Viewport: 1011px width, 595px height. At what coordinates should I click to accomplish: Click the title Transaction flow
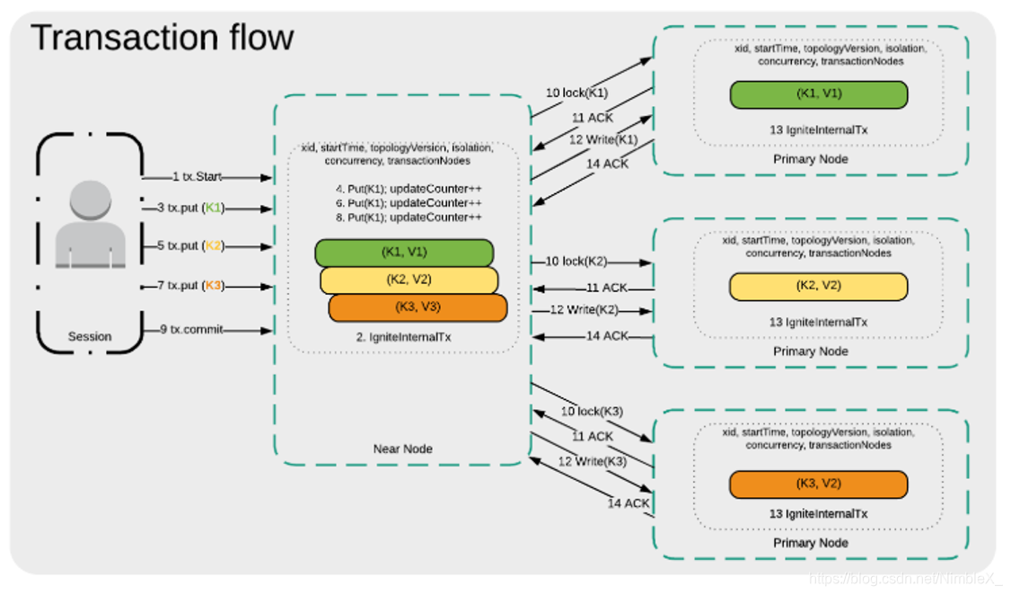point(163,38)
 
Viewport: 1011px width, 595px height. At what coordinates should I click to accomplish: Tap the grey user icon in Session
point(90,225)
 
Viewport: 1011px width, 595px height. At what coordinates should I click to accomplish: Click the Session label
point(90,336)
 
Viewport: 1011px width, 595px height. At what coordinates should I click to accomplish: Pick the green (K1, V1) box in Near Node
point(404,253)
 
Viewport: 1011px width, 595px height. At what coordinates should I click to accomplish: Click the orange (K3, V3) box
point(418,307)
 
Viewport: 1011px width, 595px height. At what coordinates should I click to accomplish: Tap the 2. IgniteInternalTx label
point(403,336)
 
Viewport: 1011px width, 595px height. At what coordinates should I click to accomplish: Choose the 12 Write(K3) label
point(588,462)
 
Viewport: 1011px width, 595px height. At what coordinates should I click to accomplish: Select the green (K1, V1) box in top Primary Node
point(818,94)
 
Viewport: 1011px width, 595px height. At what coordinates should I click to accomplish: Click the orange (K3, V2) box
point(818,484)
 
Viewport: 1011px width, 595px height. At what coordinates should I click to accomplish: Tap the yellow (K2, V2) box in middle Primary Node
point(818,286)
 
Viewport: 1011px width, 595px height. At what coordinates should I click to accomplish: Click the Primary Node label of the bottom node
point(810,543)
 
